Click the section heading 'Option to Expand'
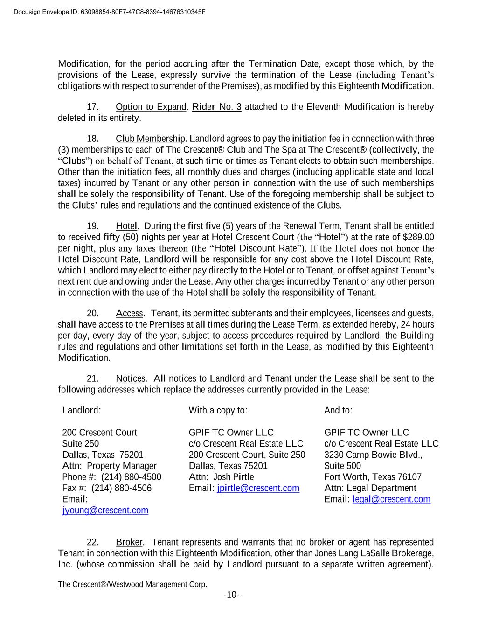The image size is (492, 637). (151, 107)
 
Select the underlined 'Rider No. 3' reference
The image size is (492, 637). (217, 107)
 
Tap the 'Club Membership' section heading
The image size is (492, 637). (151, 139)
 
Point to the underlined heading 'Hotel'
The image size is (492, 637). (126, 226)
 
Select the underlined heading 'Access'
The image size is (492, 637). (129, 313)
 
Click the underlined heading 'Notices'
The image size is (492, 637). (131, 378)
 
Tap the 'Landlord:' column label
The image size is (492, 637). (82, 411)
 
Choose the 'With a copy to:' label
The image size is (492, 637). (218, 411)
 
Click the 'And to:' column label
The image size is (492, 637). (338, 411)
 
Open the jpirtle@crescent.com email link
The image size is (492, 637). (258, 488)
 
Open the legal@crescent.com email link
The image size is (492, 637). (391, 499)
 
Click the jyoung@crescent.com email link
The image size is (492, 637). (105, 511)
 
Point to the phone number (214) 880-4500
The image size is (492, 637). (131, 477)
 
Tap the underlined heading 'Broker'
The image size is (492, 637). (129, 542)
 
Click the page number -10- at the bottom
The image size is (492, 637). (231, 595)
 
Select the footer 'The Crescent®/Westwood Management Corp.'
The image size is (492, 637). (132, 585)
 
